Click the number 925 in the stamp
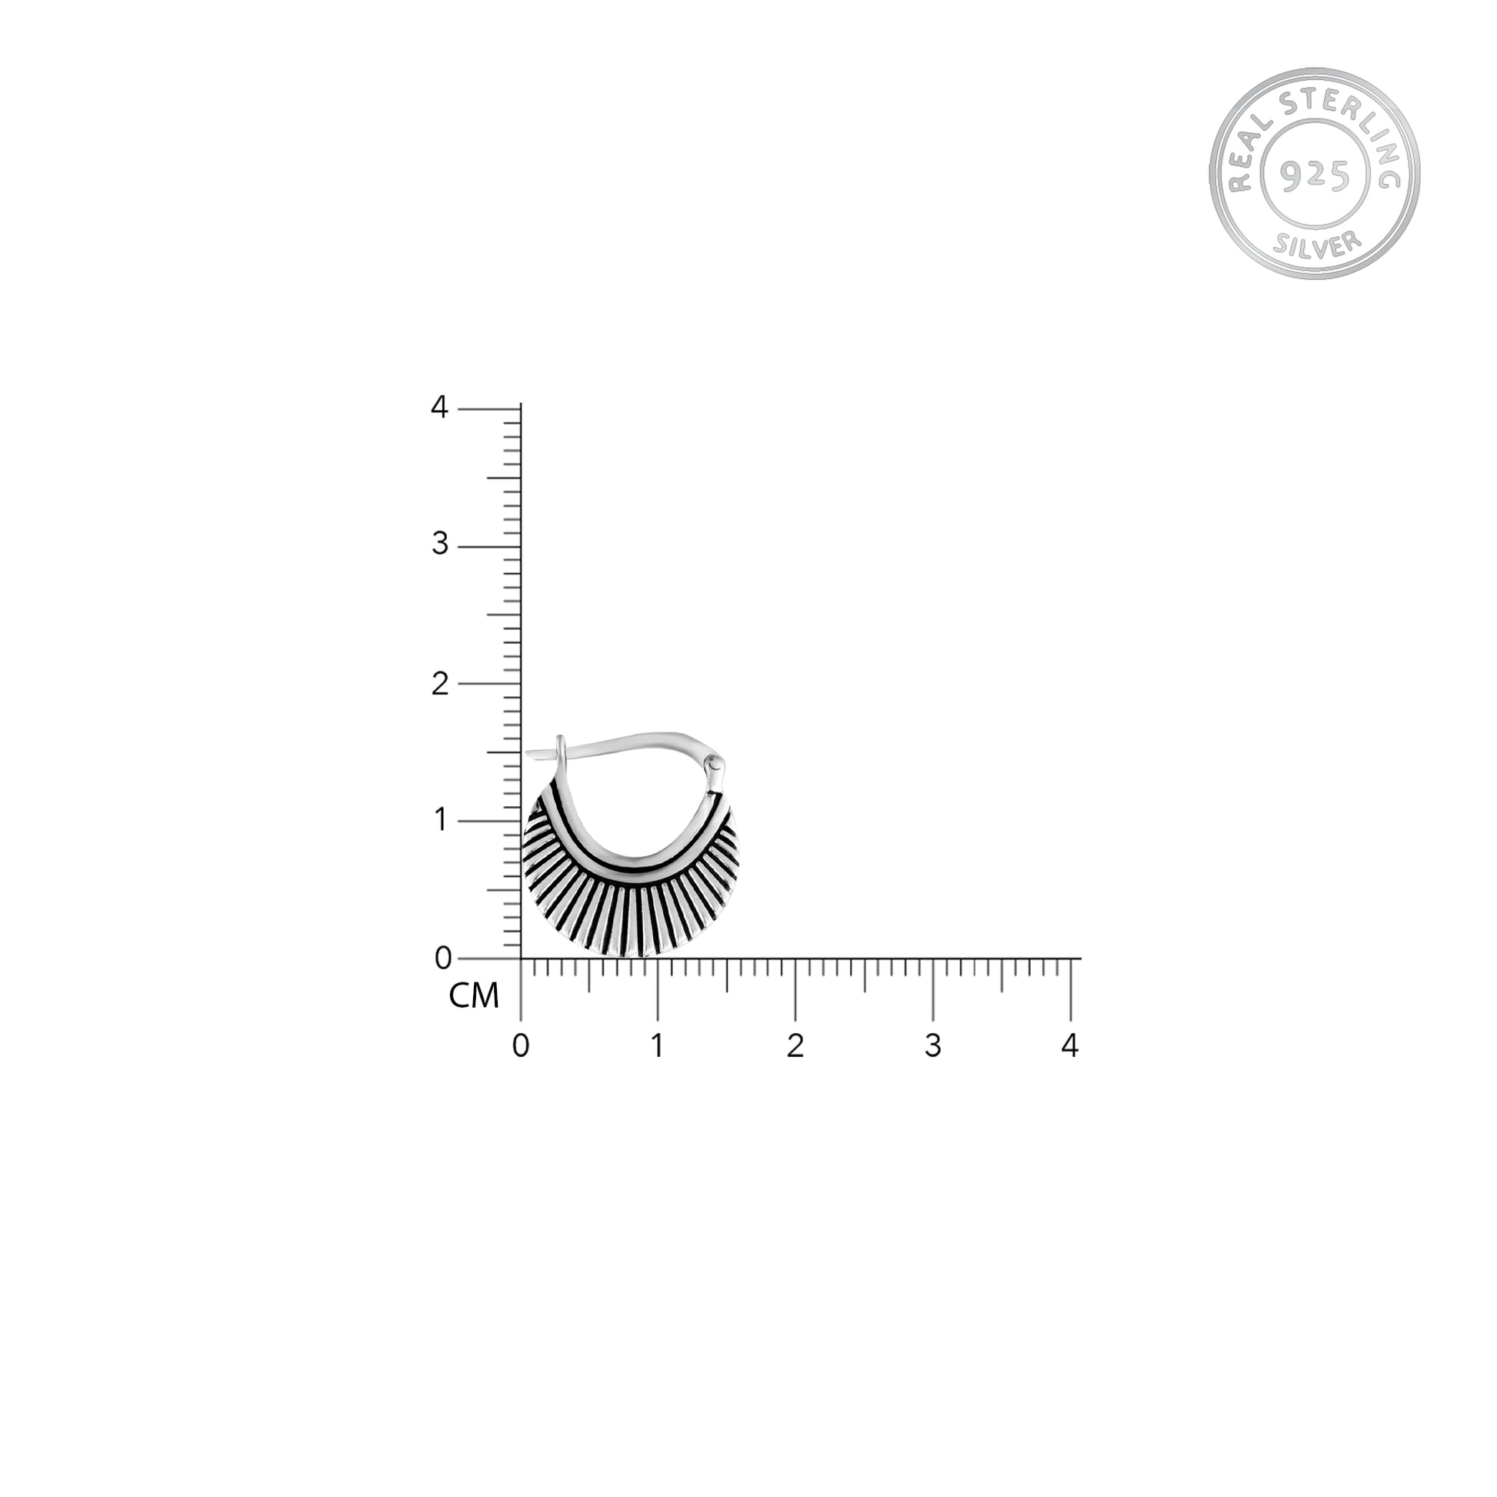(1315, 176)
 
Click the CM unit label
(474, 995)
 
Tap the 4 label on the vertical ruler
(439, 408)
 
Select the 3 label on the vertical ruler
(440, 545)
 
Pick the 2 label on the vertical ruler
(440, 683)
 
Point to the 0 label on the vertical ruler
(442, 959)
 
